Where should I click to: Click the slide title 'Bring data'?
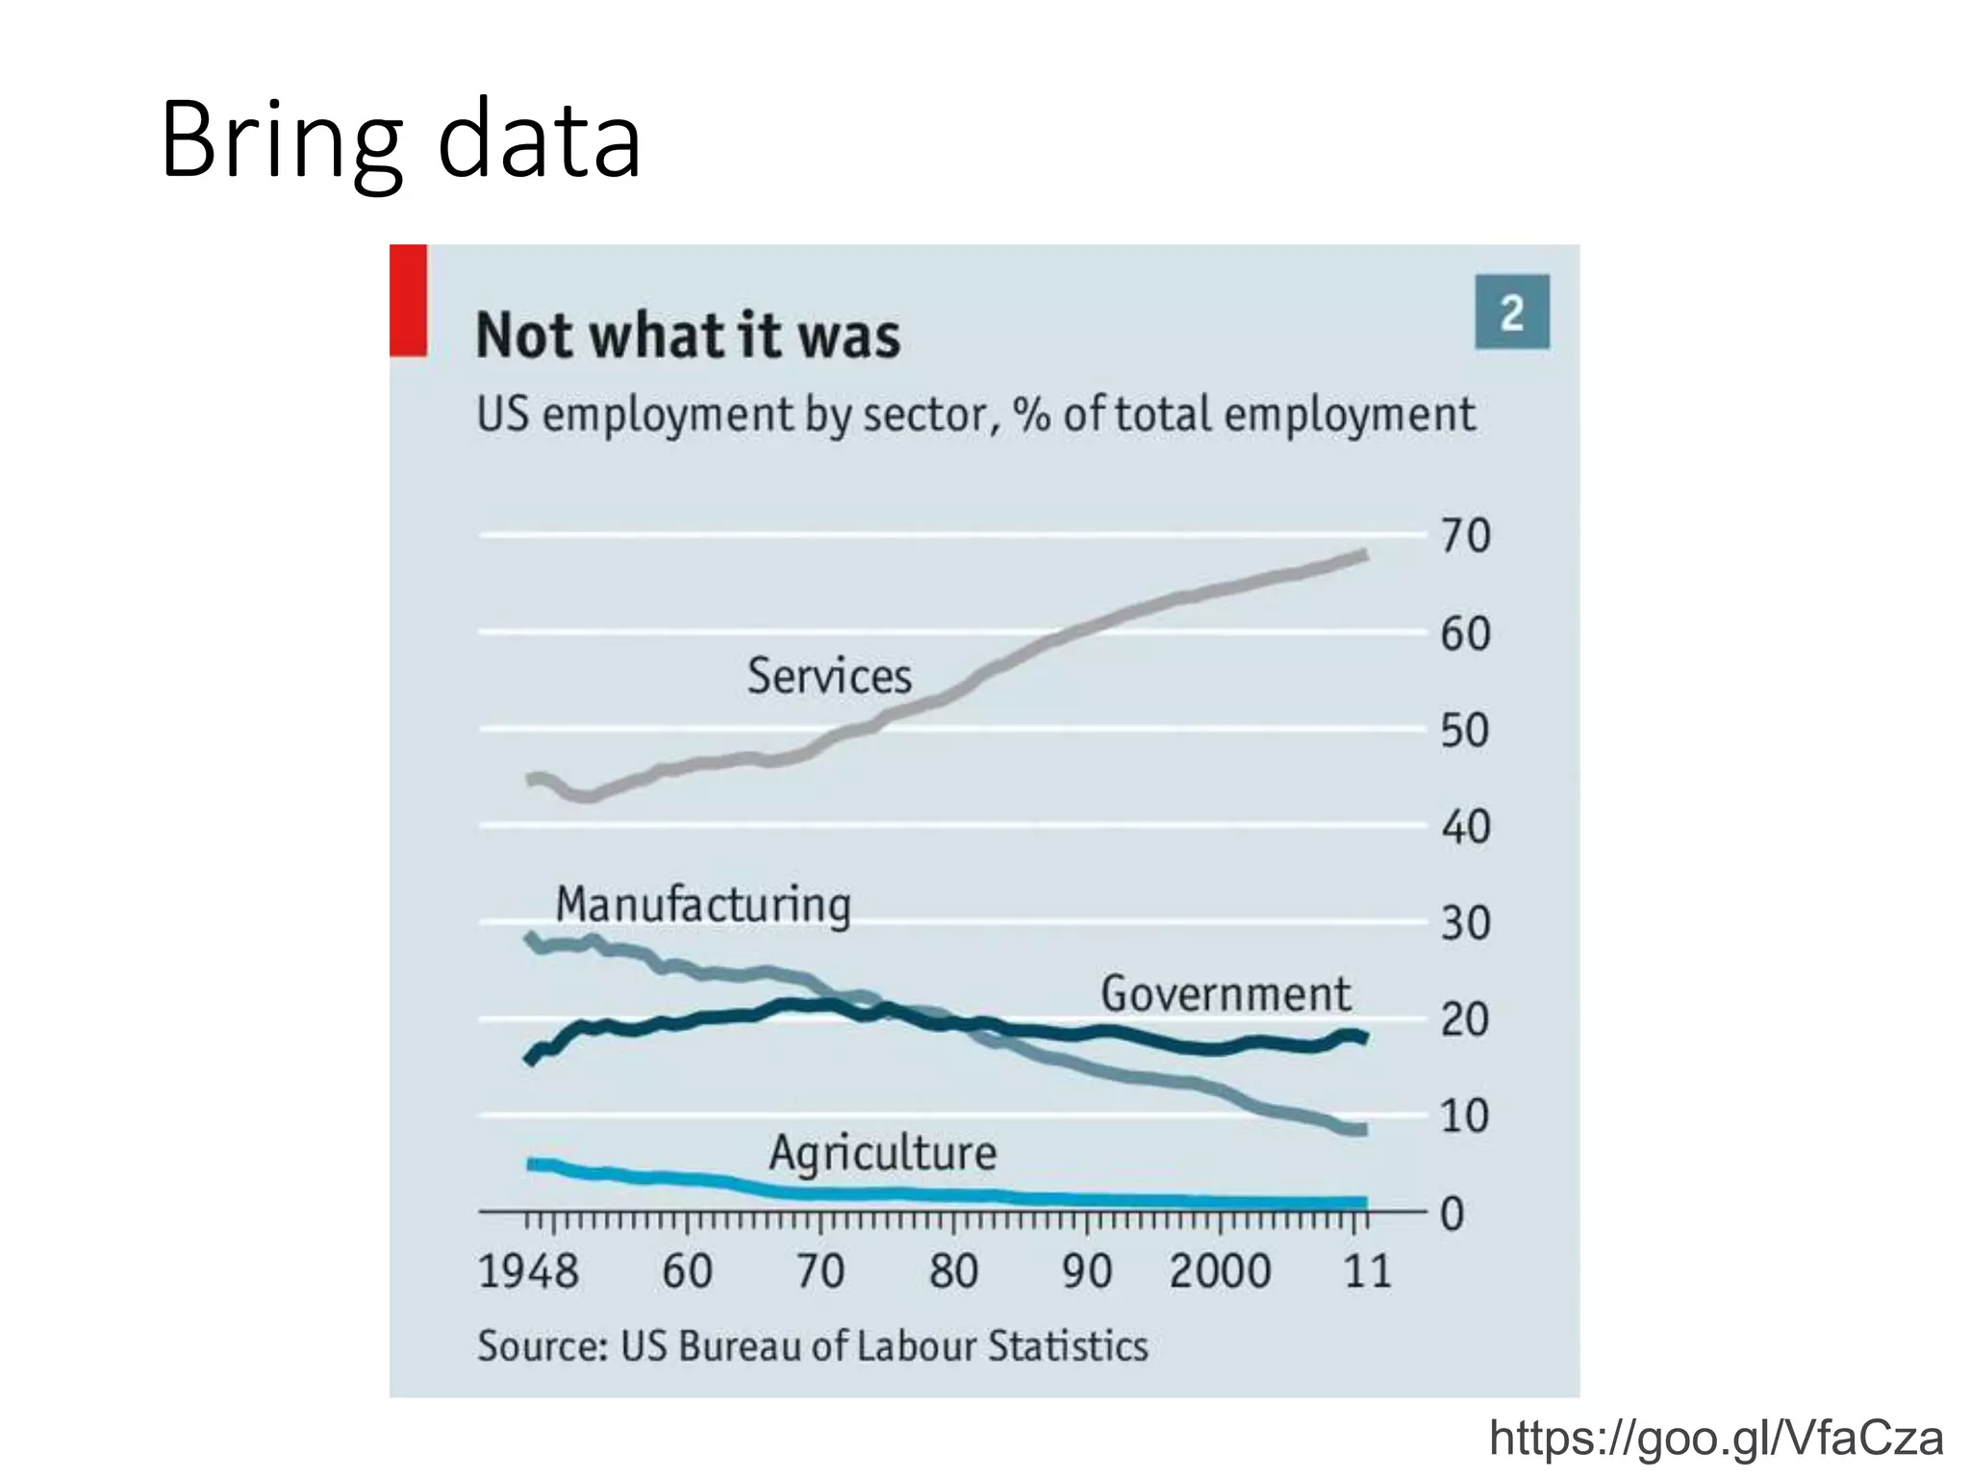pyautogui.click(x=400, y=139)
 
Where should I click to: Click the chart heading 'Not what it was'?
pyautogui.click(x=688, y=336)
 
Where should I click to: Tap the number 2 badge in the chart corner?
pyautogui.click(x=1511, y=313)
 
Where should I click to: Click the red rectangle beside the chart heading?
pyautogui.click(x=408, y=300)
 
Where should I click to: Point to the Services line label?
pyautogui.click(x=829, y=675)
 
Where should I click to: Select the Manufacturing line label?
pyautogui.click(x=703, y=905)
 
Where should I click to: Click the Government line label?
pyautogui.click(x=1225, y=993)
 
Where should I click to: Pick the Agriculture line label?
pyautogui.click(x=882, y=1152)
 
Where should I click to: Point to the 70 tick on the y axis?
pyautogui.click(x=1465, y=536)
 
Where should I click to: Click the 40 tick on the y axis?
pyautogui.click(x=1465, y=827)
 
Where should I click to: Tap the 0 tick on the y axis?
pyautogui.click(x=1452, y=1214)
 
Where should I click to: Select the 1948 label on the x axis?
pyautogui.click(x=528, y=1271)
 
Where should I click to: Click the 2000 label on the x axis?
pyautogui.click(x=1220, y=1271)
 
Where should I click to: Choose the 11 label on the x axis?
pyautogui.click(x=1367, y=1271)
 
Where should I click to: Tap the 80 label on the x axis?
pyautogui.click(x=953, y=1271)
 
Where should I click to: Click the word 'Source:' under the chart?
pyautogui.click(x=543, y=1345)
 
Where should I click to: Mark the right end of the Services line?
pyautogui.click(x=1364, y=555)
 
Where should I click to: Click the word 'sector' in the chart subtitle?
pyautogui.click(x=923, y=414)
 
